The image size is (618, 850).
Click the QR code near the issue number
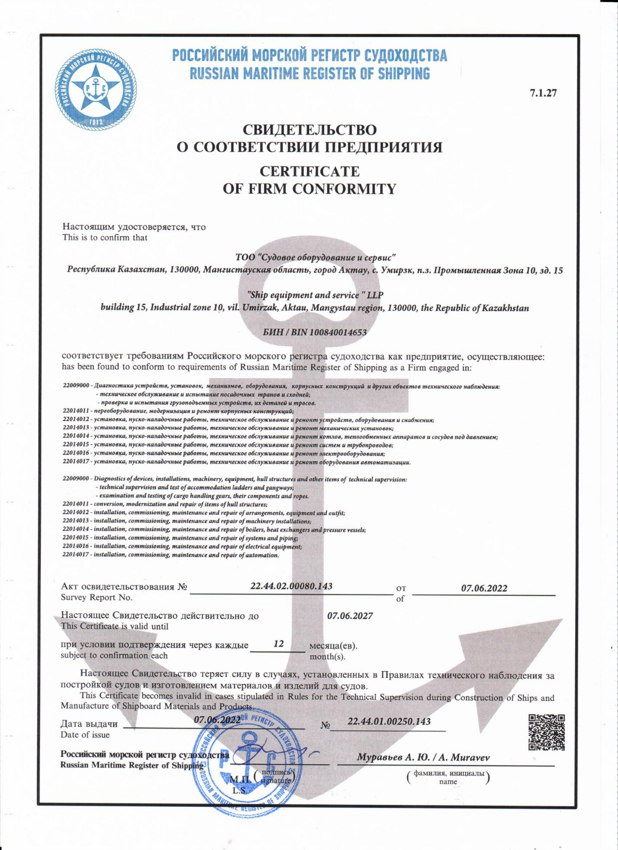[x=547, y=732]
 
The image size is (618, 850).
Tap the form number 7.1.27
[x=543, y=93]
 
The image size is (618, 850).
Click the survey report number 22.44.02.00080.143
[x=291, y=586]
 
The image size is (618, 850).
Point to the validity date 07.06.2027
[x=350, y=615]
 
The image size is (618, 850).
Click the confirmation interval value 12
[x=279, y=644]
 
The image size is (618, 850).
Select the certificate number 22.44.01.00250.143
[x=389, y=721]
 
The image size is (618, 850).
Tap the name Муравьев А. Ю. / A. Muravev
[x=423, y=757]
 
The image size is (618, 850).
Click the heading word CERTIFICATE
[x=309, y=171]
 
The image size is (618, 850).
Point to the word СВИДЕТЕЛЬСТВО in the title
[x=309, y=129]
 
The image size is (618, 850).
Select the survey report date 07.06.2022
[x=484, y=588]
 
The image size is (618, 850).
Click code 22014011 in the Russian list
[x=75, y=411]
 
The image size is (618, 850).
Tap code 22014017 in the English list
[x=75, y=555]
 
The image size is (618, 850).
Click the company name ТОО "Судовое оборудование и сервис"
[x=315, y=258]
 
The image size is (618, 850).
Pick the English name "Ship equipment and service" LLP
[x=315, y=295]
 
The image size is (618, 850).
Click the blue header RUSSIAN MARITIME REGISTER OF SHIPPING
[x=310, y=74]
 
